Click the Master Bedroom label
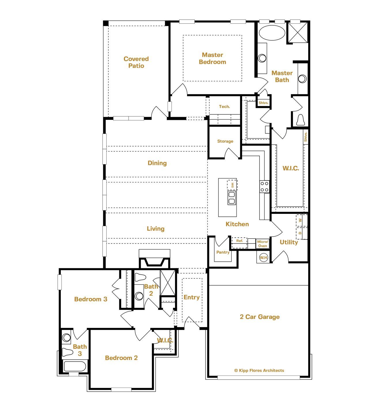[212, 59]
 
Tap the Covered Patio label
[136, 62]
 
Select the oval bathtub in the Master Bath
[272, 33]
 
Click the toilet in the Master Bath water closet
[300, 120]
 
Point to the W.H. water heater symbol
[263, 257]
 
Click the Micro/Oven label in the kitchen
[263, 244]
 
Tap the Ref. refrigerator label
[240, 241]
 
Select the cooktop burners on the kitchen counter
[264, 186]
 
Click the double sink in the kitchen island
[232, 198]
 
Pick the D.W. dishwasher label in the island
[232, 184]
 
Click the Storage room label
[225, 141]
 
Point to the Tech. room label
[224, 107]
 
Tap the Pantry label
[223, 252]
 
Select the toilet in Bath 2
[140, 277]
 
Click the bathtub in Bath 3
[75, 366]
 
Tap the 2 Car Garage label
[259, 317]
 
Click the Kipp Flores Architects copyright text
[259, 371]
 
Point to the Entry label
[191, 297]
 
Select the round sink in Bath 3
[67, 337]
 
